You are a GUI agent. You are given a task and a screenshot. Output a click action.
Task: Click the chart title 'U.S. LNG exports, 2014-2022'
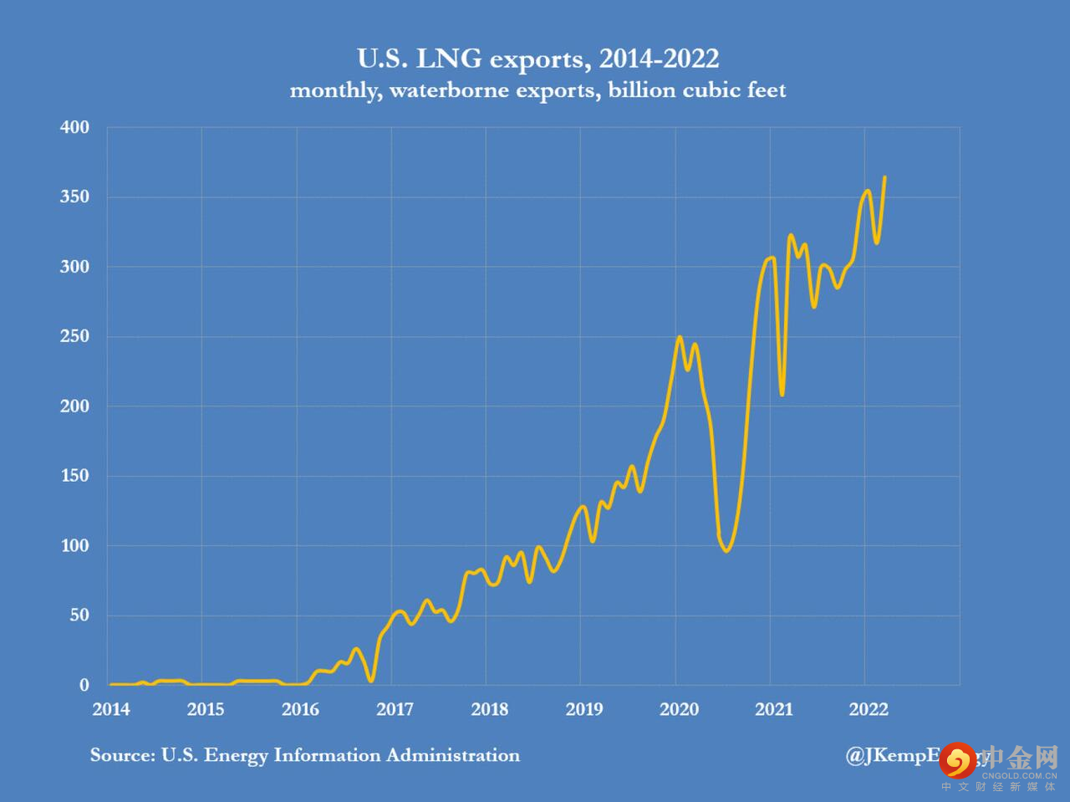(x=538, y=59)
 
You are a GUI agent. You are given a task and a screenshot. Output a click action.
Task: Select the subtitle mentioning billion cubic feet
(x=538, y=90)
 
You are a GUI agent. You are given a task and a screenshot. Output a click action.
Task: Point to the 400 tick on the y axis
(x=74, y=127)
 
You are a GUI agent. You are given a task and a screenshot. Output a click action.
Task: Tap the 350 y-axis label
(x=74, y=197)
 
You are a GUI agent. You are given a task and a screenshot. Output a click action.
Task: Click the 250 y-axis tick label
(x=74, y=336)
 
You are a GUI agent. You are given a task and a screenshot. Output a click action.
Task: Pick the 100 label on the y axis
(x=74, y=545)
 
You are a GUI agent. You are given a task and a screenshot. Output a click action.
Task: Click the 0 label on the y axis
(x=84, y=685)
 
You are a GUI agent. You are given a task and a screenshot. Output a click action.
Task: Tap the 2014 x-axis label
(x=111, y=709)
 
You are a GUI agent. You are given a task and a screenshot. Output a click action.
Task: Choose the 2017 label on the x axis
(x=395, y=709)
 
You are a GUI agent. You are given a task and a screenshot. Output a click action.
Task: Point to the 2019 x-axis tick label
(x=584, y=709)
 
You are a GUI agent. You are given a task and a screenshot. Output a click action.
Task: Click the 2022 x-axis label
(x=869, y=709)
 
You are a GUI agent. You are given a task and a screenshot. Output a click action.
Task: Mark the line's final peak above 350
(x=884, y=177)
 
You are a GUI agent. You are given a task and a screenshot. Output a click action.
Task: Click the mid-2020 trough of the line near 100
(x=726, y=550)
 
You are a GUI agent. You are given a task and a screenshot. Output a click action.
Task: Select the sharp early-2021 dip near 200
(x=782, y=394)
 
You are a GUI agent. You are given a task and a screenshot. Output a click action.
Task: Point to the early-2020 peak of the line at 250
(x=680, y=337)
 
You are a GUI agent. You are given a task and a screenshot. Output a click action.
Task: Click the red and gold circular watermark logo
(x=957, y=759)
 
